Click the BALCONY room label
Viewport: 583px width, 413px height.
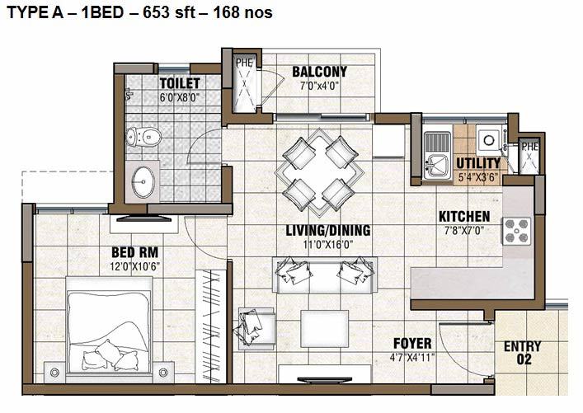coord(319,72)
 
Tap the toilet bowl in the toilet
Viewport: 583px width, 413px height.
coord(143,137)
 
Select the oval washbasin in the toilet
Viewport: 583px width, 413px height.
coord(143,182)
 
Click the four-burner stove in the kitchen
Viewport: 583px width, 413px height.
coord(517,231)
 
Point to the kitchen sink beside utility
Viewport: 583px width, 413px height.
coord(437,155)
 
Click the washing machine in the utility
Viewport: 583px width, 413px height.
coord(490,140)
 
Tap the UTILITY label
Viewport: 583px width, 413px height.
coord(478,163)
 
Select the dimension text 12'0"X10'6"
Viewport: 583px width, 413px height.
coord(135,266)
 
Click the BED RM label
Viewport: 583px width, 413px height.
coord(135,252)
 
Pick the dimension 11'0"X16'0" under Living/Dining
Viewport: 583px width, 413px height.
coord(327,245)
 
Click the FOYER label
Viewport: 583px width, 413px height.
coord(412,343)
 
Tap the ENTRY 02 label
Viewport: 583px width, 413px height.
coord(523,353)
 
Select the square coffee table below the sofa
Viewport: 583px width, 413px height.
coord(325,329)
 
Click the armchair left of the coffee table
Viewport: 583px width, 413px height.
coord(256,328)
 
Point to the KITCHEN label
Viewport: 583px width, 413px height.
coord(464,216)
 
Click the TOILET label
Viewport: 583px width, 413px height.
coord(180,83)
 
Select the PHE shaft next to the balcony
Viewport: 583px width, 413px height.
coord(244,83)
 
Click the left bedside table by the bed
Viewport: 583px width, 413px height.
coord(54,372)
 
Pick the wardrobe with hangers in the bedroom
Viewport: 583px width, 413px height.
coord(211,326)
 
